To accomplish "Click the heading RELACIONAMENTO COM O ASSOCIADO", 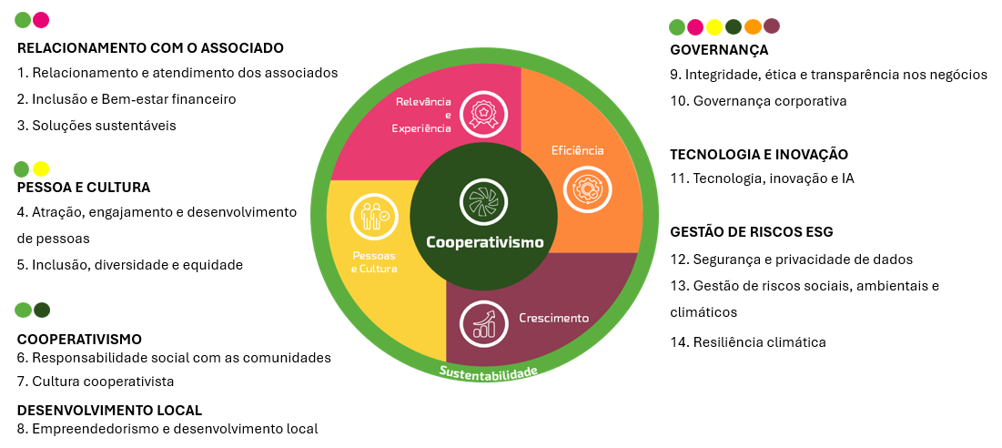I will click(x=150, y=47).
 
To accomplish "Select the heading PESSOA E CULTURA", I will click(x=84, y=187).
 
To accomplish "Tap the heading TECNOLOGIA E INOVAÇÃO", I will click(x=759, y=154).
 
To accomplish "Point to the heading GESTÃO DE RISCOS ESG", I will click(x=752, y=231).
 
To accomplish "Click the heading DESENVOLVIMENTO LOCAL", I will click(x=109, y=410).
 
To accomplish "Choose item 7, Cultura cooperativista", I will click(x=96, y=381).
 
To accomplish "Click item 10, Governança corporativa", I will click(x=758, y=100).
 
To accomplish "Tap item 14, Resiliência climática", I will click(x=747, y=342).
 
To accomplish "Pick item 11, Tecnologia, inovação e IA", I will click(x=762, y=178).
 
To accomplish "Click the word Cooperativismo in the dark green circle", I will click(x=485, y=242).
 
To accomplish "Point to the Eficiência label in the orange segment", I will click(x=578, y=150).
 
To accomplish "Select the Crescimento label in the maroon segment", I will click(x=553, y=318).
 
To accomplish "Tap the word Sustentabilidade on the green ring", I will click(x=489, y=372).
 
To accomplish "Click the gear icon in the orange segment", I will click(x=588, y=189).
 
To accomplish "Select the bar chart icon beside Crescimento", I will click(x=482, y=321).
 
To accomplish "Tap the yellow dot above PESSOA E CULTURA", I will click(x=41, y=168).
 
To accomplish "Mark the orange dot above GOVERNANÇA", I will click(x=753, y=26).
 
